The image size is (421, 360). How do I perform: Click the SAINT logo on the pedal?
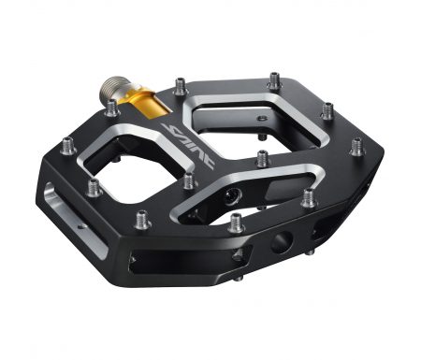pyautogui.click(x=188, y=145)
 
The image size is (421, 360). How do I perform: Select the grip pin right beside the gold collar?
pyautogui.click(x=112, y=108)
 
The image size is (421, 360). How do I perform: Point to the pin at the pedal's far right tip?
pyautogui.click(x=357, y=147)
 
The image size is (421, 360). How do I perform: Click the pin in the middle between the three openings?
pyautogui.click(x=263, y=158)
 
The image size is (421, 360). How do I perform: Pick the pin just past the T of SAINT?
pyautogui.click(x=189, y=181)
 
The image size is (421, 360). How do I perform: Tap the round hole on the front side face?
pyautogui.click(x=282, y=243)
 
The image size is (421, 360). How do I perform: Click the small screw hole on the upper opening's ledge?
pyautogui.click(x=263, y=118)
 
